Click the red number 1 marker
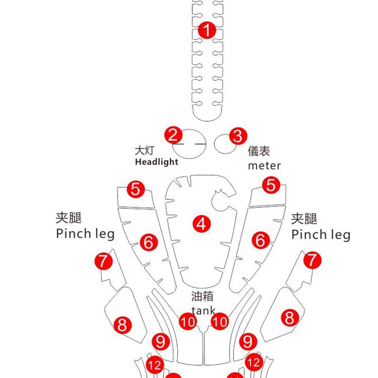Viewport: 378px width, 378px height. pyautogui.click(x=207, y=31)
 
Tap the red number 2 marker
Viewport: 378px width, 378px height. pyautogui.click(x=173, y=135)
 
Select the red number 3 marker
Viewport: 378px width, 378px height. pyautogui.click(x=238, y=136)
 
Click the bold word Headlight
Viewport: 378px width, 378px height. pyautogui.click(x=157, y=162)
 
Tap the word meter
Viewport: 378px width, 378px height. pyautogui.click(x=264, y=165)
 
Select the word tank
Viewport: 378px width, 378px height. pyautogui.click(x=203, y=310)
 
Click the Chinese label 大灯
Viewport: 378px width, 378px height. pyautogui.click(x=145, y=151)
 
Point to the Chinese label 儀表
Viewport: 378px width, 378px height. pyautogui.click(x=259, y=151)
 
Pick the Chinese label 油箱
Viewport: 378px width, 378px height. pyautogui.click(x=202, y=296)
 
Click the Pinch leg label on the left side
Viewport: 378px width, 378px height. pyautogui.click(x=85, y=233)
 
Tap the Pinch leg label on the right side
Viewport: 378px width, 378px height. pyautogui.click(x=321, y=234)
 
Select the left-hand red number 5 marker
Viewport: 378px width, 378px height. pyautogui.click(x=136, y=189)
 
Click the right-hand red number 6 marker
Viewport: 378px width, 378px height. pyautogui.click(x=260, y=241)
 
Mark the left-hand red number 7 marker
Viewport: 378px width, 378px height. pyautogui.click(x=103, y=261)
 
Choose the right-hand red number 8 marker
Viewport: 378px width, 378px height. pyautogui.click(x=290, y=318)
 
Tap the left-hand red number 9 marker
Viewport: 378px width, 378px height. pyautogui.click(x=161, y=341)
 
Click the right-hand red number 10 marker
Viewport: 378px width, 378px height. pyautogui.click(x=220, y=323)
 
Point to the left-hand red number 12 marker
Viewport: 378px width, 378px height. pyautogui.click(x=155, y=365)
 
